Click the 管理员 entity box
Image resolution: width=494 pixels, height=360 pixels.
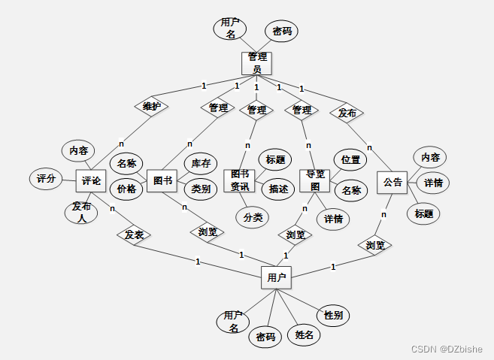(256, 63)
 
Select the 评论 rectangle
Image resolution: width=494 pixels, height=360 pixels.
(91, 180)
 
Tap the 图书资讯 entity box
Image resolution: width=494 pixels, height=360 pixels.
(241, 180)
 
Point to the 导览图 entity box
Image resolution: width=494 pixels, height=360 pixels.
(314, 180)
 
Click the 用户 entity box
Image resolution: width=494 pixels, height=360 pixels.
(276, 277)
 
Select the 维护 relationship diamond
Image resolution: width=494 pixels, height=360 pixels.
(151, 107)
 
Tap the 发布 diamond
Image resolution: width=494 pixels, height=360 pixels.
(347, 113)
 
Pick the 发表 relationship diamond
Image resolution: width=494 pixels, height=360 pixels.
(134, 235)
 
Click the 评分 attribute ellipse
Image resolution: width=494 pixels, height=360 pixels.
(46, 179)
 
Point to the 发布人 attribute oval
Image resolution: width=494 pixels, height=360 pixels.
(81, 212)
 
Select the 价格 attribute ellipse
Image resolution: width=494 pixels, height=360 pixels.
(126, 189)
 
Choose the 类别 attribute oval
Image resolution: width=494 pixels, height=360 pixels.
(200, 189)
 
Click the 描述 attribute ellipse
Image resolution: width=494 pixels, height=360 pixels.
(277, 189)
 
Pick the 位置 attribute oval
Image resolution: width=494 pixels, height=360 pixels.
(350, 159)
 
